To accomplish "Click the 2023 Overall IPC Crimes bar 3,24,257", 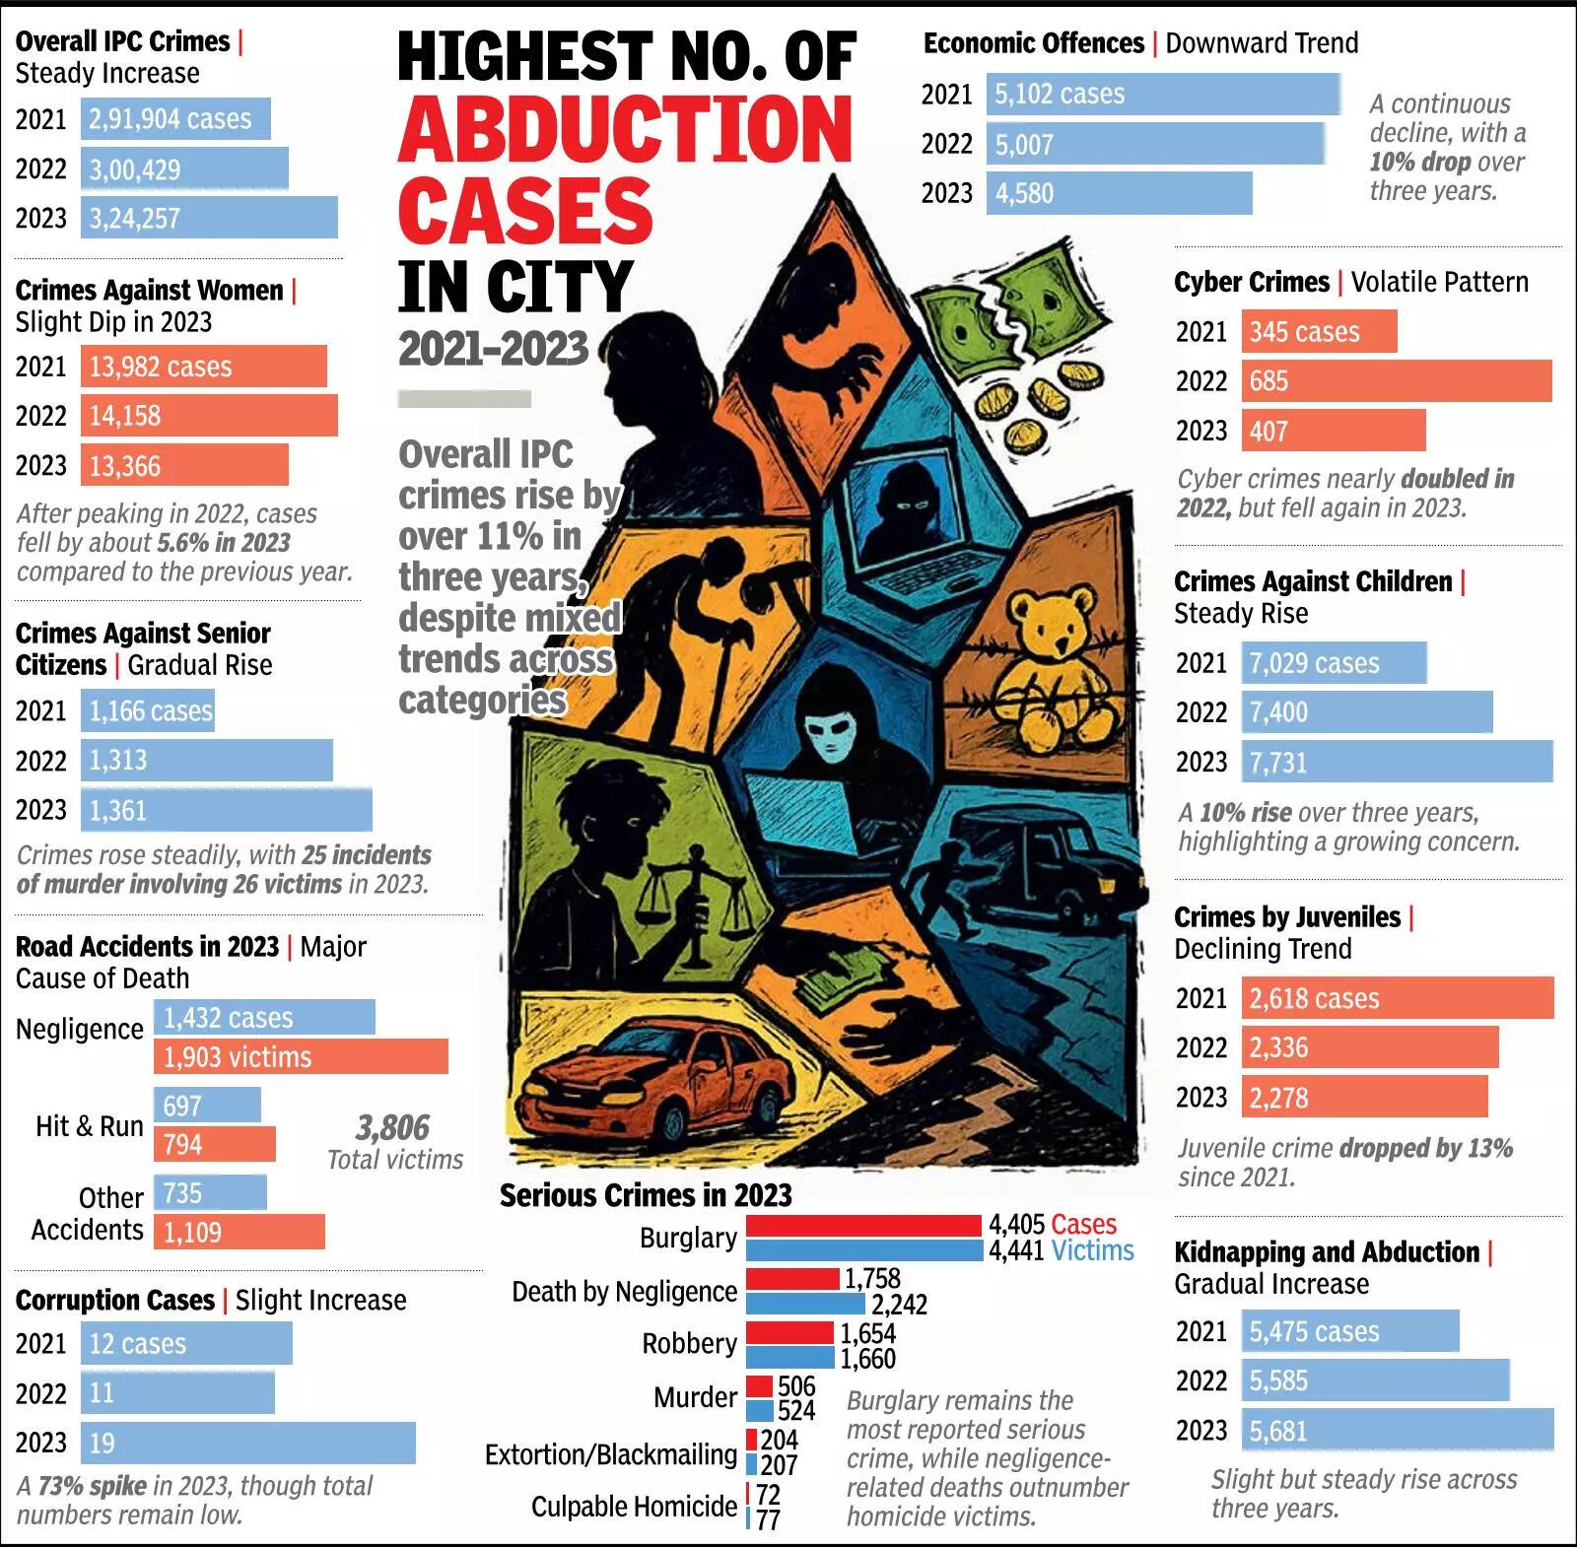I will [x=209, y=218].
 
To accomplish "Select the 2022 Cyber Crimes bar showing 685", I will [x=1396, y=380].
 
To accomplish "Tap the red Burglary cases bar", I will [x=863, y=1225].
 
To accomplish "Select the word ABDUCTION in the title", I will [x=625, y=130].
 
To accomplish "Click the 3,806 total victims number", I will [x=392, y=1128].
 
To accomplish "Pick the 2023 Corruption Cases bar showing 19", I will [x=247, y=1443].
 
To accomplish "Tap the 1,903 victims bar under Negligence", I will [x=301, y=1056].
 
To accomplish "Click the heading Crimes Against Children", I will [x=1313, y=581].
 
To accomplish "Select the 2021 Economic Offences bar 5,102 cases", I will [x=1163, y=95].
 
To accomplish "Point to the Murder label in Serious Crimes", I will [x=695, y=1397].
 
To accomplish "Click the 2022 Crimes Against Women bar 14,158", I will [x=209, y=416].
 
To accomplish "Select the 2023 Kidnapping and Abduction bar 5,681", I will [x=1397, y=1430].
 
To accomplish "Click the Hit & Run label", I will [x=90, y=1126].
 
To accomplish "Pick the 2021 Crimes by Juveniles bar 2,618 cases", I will [x=1397, y=998].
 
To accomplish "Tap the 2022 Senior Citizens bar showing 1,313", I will [x=207, y=761].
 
